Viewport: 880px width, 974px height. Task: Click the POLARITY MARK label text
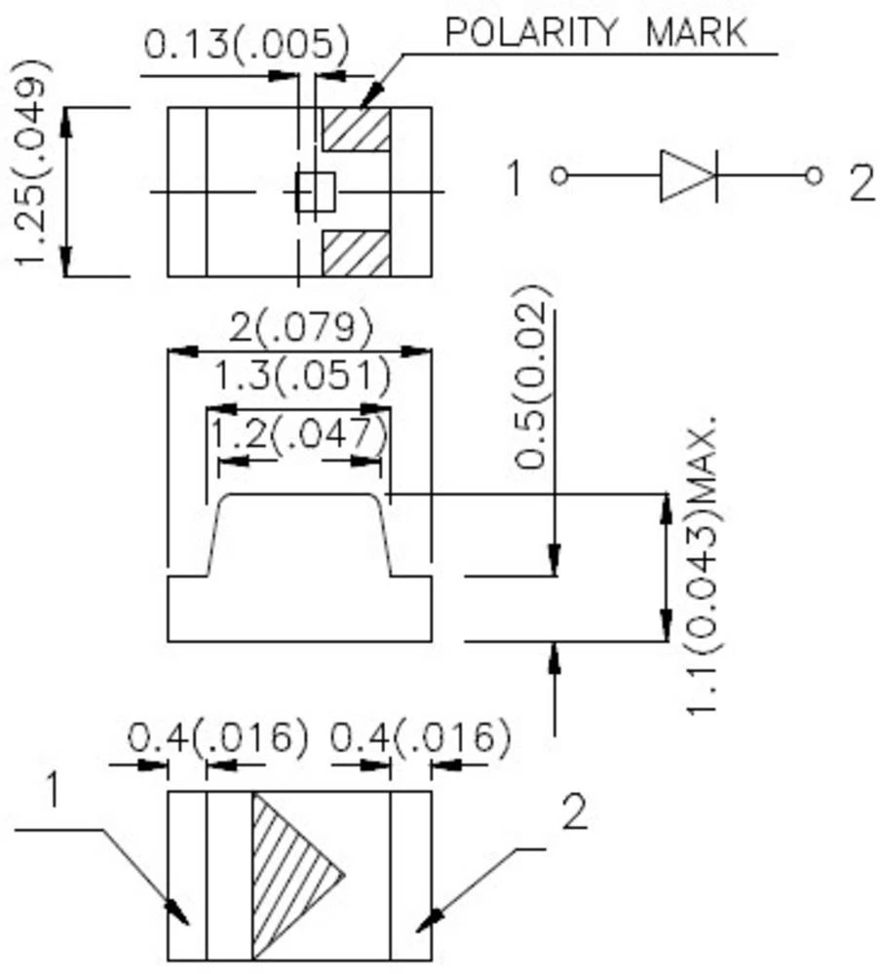595,32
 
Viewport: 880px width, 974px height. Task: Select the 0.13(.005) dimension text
246,43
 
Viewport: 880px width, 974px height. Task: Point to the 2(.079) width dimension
300,327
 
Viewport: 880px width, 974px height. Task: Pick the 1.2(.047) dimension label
298,434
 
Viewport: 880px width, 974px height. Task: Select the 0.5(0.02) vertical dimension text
532,378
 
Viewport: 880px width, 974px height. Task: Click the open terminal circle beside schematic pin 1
558,175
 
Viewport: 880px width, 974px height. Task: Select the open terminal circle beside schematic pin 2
814,175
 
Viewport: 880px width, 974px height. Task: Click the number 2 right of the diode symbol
861,182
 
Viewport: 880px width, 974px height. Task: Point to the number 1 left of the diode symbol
515,179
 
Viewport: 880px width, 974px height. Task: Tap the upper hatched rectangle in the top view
356,129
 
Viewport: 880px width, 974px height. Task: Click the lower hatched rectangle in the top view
356,253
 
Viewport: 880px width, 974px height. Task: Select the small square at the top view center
315,192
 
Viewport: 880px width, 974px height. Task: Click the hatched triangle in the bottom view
287,873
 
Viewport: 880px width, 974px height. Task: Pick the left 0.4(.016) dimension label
217,737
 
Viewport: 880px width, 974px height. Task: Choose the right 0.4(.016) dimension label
420,737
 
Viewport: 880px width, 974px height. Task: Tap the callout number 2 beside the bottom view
575,811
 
